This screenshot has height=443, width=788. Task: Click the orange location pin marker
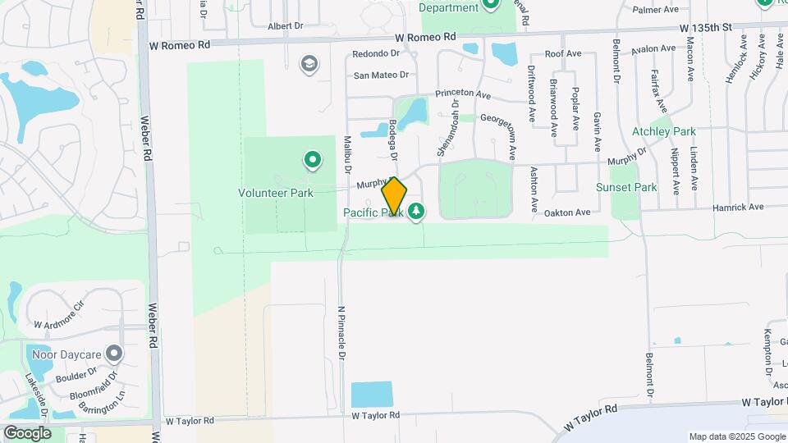click(x=394, y=196)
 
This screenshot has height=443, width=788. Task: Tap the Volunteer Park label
click(x=276, y=194)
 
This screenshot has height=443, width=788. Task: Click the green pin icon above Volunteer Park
click(x=312, y=159)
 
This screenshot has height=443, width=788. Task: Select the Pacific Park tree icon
click(x=417, y=212)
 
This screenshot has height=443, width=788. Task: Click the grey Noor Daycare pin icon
click(x=114, y=354)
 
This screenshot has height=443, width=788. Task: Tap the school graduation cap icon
click(x=309, y=64)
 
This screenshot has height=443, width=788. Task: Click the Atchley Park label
click(x=663, y=131)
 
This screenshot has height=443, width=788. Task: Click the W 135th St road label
click(x=706, y=28)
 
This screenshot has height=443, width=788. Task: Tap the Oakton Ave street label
click(x=567, y=212)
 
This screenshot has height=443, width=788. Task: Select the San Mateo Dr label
click(x=381, y=75)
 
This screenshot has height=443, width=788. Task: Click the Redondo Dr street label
click(x=375, y=54)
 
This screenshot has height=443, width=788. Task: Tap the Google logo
click(x=27, y=432)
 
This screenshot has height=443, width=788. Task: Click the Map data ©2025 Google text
click(x=736, y=436)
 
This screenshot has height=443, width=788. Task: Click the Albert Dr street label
click(x=286, y=26)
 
